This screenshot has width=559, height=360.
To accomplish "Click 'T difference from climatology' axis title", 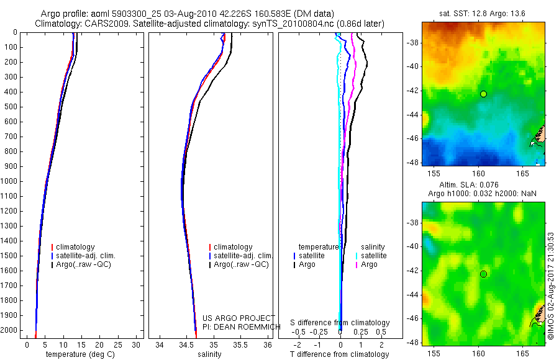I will pyautogui.click(x=339, y=354).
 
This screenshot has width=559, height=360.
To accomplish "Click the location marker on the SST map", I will pyautogui.click(x=483, y=94).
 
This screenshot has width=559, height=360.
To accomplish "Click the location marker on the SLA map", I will pyautogui.click(x=483, y=274).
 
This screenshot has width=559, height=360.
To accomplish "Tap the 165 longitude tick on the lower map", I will pyautogui.click(x=523, y=351).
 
